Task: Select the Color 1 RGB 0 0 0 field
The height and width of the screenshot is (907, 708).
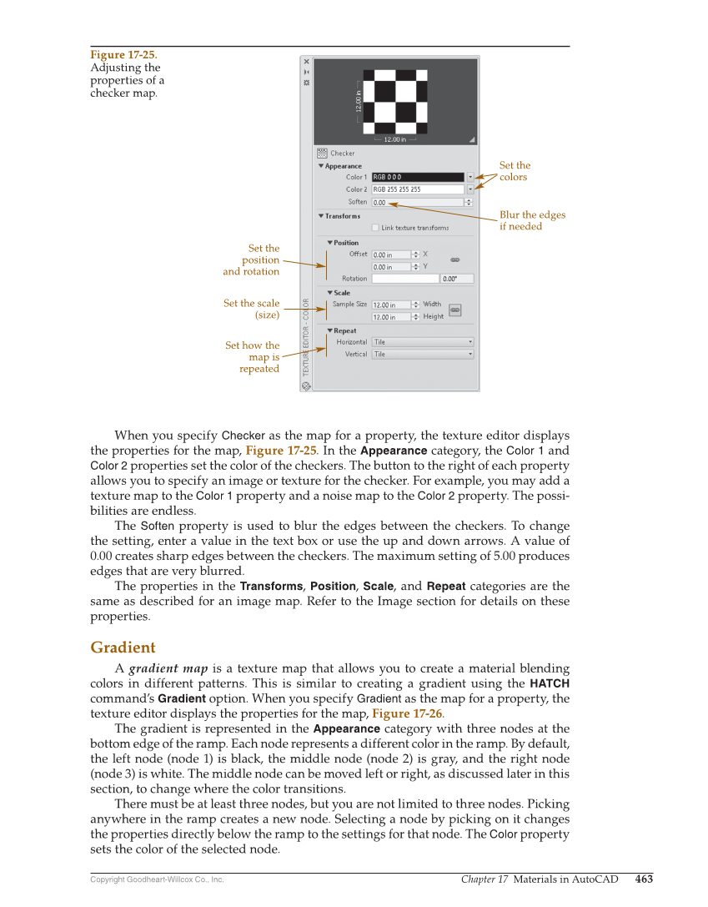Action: click(417, 177)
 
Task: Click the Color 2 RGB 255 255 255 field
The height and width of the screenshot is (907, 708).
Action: click(417, 189)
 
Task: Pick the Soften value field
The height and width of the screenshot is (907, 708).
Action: click(417, 202)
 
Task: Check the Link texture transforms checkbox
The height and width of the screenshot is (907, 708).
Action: click(376, 227)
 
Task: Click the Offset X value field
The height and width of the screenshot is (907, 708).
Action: click(391, 254)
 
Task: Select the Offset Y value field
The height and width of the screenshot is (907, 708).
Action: click(391, 267)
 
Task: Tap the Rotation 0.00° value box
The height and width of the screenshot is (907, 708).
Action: click(456, 279)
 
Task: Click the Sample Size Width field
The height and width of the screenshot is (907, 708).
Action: click(391, 305)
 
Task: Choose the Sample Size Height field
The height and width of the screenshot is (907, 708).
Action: click(391, 317)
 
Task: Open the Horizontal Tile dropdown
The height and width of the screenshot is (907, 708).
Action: click(422, 342)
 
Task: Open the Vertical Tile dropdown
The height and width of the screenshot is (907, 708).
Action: click(422, 354)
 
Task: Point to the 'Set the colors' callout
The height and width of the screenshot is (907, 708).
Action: click(515, 171)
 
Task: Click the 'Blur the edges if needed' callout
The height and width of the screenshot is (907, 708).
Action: click(532, 220)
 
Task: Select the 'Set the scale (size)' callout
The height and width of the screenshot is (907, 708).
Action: click(252, 309)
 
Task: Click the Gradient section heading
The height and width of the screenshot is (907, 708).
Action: click(123, 647)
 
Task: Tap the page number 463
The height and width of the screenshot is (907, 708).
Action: click(644, 879)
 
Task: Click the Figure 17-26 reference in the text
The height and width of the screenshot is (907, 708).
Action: click(402, 713)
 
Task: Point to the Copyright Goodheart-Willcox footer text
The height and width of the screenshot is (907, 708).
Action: click(157, 879)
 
